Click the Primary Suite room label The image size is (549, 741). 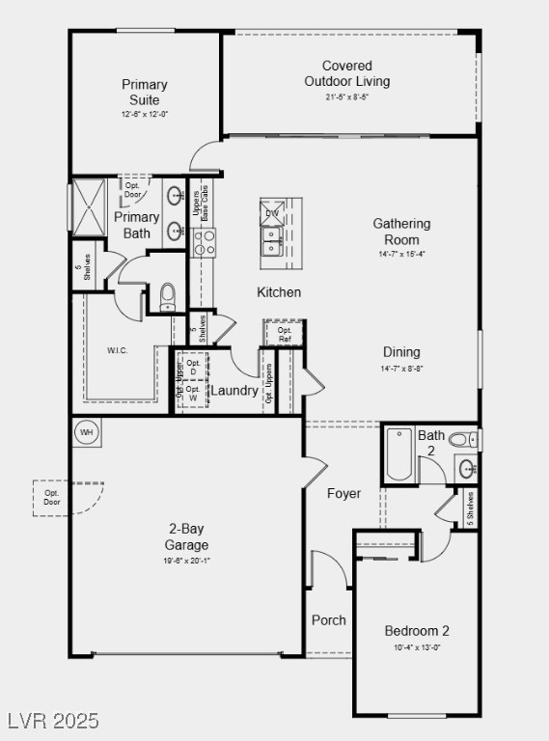tap(145, 93)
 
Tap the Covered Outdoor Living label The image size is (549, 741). tap(347, 73)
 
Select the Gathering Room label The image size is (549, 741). tap(401, 232)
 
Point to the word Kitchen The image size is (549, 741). tap(279, 292)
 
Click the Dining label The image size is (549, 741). tap(401, 352)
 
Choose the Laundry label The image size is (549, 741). tap(234, 391)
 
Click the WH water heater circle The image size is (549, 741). tap(87, 431)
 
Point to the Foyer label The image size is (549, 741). tap(343, 493)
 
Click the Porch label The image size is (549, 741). tap(329, 620)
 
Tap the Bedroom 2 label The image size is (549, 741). tap(417, 631)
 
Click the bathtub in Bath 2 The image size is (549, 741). tap(398, 454)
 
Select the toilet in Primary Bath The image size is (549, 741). tap(168, 293)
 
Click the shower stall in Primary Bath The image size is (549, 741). tap(89, 207)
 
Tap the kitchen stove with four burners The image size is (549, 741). tap(205, 242)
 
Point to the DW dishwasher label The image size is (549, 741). tap(272, 213)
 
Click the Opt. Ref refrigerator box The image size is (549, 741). tap(284, 334)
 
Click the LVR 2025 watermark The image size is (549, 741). tap(52, 721)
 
